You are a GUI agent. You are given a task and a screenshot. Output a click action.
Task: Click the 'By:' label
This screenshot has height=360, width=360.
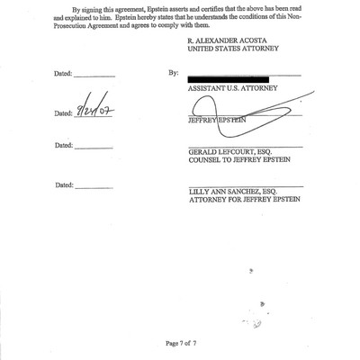(172, 70)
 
